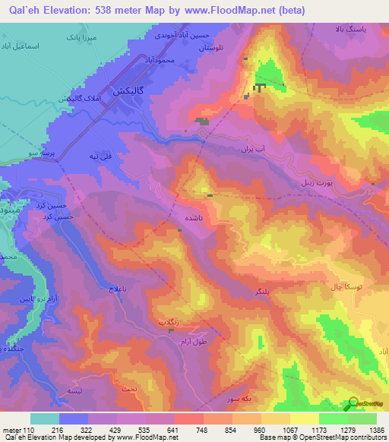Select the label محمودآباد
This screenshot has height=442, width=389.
(163, 58)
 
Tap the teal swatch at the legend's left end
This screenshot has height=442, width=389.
(45, 418)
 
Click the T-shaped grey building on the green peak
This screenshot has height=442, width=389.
(260, 87)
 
